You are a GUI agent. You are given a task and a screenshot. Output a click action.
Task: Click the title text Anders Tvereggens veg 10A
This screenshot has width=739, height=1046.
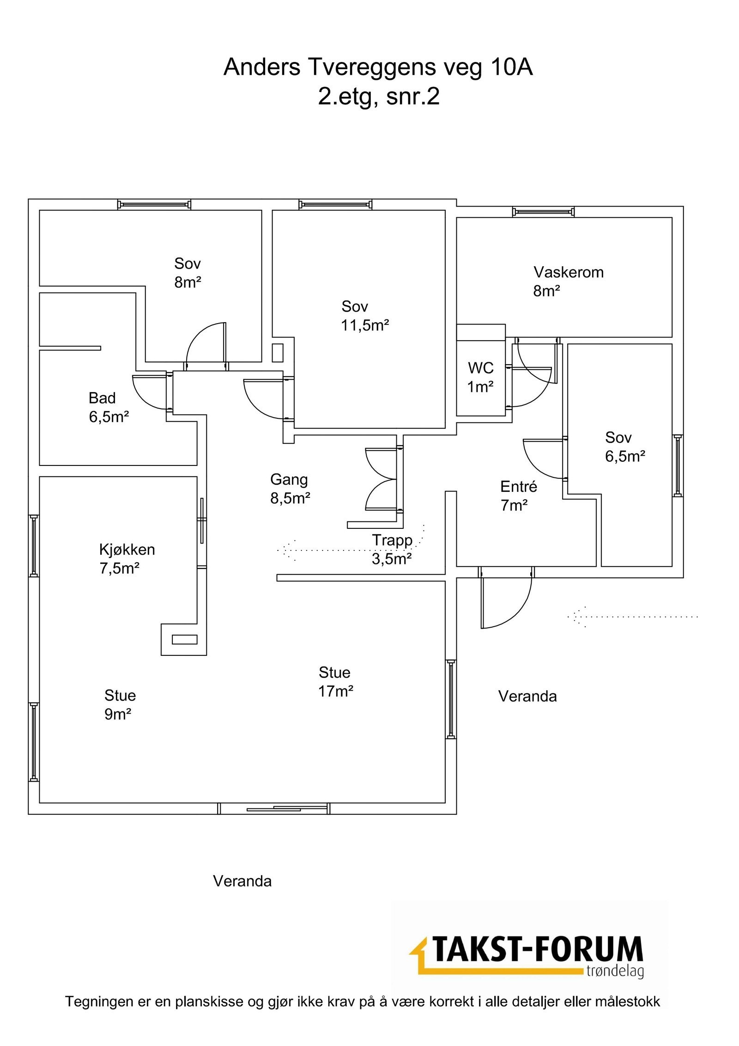tap(378, 67)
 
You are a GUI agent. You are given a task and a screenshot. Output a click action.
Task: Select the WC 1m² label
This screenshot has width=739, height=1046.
tap(480, 377)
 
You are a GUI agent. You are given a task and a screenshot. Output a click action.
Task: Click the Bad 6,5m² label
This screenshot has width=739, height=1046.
tap(109, 407)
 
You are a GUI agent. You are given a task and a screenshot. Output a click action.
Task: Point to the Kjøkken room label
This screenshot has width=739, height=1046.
tap(127, 550)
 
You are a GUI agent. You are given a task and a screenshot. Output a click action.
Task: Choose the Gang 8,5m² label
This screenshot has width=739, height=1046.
tap(290, 489)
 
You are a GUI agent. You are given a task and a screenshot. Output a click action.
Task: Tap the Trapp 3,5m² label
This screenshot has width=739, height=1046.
tap(392, 549)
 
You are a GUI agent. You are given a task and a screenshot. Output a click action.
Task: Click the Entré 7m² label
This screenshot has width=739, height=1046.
tap(518, 496)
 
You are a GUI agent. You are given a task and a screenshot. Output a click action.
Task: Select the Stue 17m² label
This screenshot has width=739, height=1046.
tap(335, 681)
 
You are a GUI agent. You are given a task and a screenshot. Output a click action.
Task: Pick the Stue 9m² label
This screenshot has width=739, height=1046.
tap(120, 704)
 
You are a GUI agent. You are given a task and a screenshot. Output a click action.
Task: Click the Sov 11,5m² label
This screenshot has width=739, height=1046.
tap(364, 316)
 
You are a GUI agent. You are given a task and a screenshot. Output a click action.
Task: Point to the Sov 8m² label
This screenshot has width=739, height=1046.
tap(188, 273)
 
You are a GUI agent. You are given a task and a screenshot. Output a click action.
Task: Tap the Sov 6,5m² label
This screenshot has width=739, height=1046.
tap(624, 447)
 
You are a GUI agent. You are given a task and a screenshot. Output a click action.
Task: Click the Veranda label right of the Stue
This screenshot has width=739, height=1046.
tap(527, 696)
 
